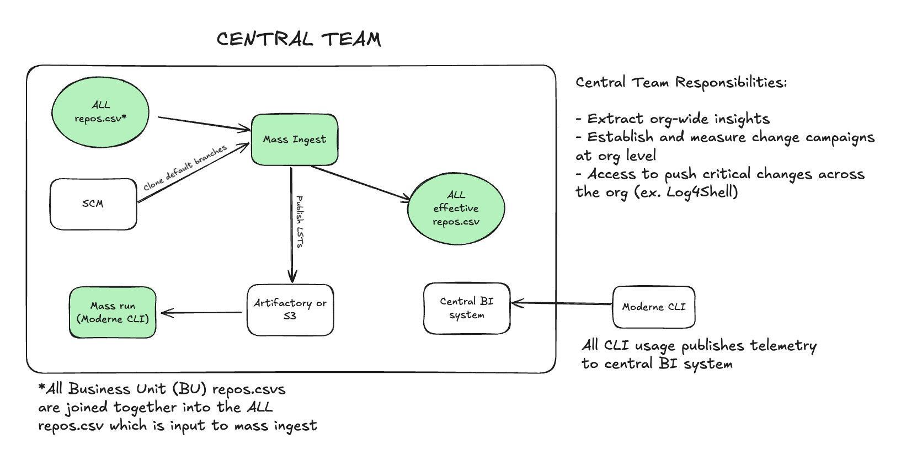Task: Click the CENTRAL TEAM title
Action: (x=298, y=39)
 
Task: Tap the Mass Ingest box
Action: (x=295, y=140)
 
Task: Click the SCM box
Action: (x=93, y=204)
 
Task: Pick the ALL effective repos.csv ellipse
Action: (x=456, y=208)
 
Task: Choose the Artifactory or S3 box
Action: (x=290, y=309)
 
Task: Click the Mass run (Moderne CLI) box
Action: (x=113, y=312)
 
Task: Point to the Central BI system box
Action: (x=467, y=308)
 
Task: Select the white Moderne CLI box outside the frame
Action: (x=654, y=307)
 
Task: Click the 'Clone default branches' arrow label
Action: (x=185, y=168)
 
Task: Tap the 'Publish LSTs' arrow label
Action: (x=300, y=221)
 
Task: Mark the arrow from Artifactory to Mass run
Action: (x=201, y=313)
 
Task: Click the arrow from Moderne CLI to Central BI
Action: (x=562, y=303)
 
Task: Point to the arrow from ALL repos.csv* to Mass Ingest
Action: (x=204, y=124)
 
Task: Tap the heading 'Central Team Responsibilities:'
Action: (x=681, y=83)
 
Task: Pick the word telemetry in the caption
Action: (x=783, y=346)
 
